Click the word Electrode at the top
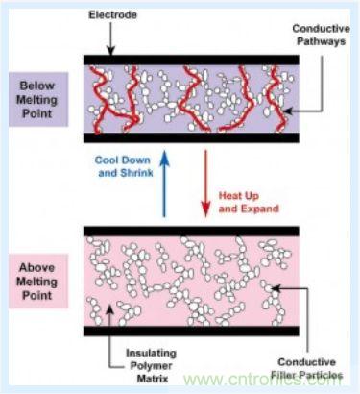(x=112, y=14)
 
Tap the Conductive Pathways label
(x=321, y=35)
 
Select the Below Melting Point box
(x=38, y=99)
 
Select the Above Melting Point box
(x=38, y=282)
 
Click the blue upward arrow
(x=164, y=184)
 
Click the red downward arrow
(x=205, y=184)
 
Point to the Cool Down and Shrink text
(x=124, y=166)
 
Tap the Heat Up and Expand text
(x=249, y=202)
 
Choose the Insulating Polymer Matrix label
(x=151, y=365)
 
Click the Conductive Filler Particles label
(x=306, y=368)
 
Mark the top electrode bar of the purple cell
(x=191, y=60)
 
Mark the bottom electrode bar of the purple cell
(x=191, y=137)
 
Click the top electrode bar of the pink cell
(x=191, y=232)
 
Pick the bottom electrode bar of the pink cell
(x=191, y=331)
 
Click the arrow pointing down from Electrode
(x=110, y=38)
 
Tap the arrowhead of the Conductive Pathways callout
(x=287, y=111)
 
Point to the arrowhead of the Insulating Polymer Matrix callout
(x=109, y=308)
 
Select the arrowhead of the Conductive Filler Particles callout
(x=276, y=288)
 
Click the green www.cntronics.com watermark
(x=262, y=380)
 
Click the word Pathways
(x=321, y=41)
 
